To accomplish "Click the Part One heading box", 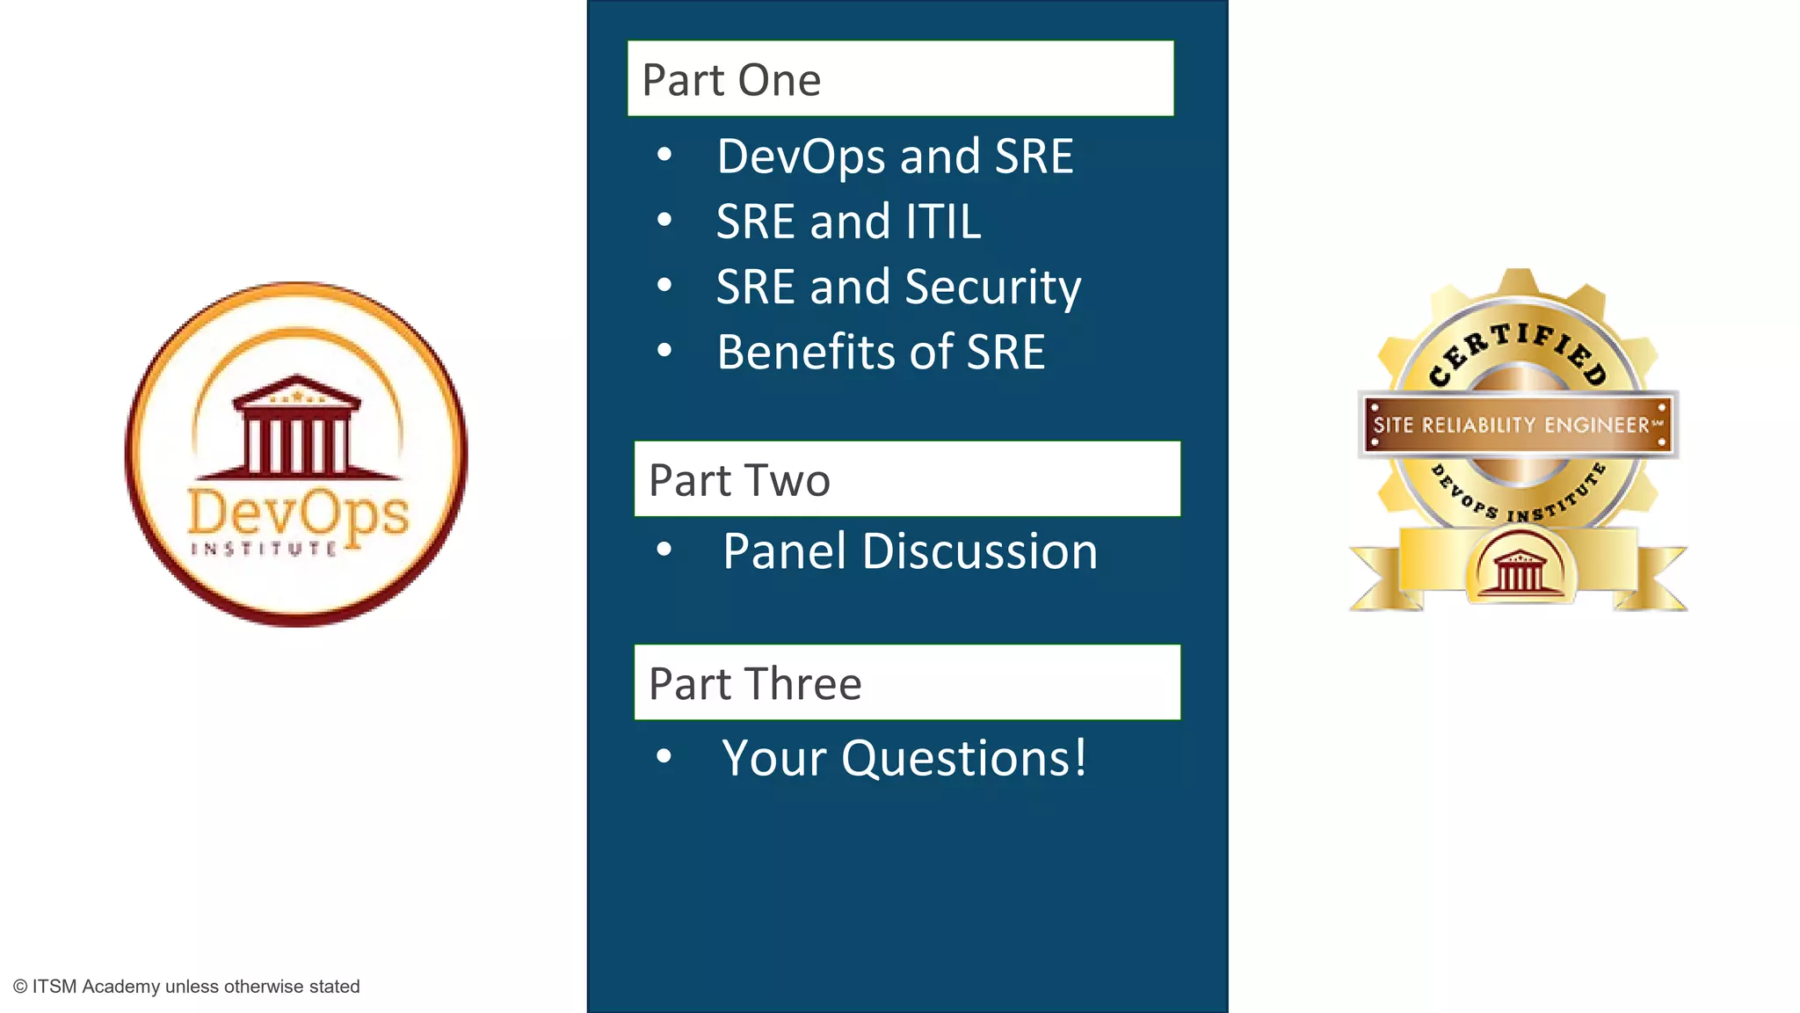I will pyautogui.click(x=900, y=78).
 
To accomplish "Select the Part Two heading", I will pyautogui.click(x=907, y=479).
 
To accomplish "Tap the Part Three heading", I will pyautogui.click(x=907, y=682).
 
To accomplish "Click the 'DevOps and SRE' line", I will pyautogui.click(x=895, y=157).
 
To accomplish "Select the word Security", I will pyautogui.click(x=993, y=288).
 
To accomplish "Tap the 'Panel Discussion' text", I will pyautogui.click(x=910, y=551).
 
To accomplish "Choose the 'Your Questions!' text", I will pyautogui.click(x=904, y=758).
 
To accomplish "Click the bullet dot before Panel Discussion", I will pyautogui.click(x=664, y=550).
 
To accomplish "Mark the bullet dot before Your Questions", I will pyautogui.click(x=664, y=756).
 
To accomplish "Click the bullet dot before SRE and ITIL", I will pyautogui.click(x=664, y=220).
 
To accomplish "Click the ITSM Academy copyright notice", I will pyautogui.click(x=186, y=987).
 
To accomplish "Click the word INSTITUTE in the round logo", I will pyautogui.click(x=264, y=549).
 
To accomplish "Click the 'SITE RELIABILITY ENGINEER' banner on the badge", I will pyautogui.click(x=1518, y=425).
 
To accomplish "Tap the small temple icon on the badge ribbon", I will pyautogui.click(x=1519, y=569).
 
